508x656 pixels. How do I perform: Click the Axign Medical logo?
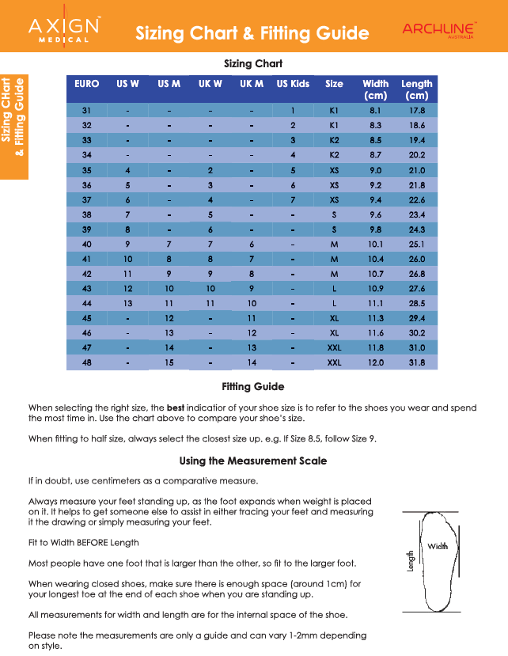pos(64,32)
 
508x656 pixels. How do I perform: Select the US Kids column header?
pos(293,84)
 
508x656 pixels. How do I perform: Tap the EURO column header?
pos(86,84)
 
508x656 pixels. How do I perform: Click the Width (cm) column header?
pos(375,89)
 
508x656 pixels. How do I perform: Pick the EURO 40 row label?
pos(86,245)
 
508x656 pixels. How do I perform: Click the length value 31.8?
pos(416,362)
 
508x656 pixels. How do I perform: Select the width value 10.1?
pos(375,245)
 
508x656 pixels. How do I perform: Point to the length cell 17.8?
pos(416,111)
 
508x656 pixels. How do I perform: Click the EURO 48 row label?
pos(86,362)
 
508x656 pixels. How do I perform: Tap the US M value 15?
pos(169,362)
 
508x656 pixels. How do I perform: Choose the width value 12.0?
pos(375,362)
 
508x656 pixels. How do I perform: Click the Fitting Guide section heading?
pos(253,387)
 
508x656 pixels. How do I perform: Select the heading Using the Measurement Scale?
pos(253,461)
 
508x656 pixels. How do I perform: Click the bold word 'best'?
pos(176,408)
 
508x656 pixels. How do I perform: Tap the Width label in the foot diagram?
pos(438,547)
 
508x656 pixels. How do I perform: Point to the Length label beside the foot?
pos(411,561)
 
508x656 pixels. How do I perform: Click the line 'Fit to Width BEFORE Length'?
pos(83,542)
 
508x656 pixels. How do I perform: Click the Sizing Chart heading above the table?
pos(253,63)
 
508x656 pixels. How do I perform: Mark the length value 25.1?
pos(416,245)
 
